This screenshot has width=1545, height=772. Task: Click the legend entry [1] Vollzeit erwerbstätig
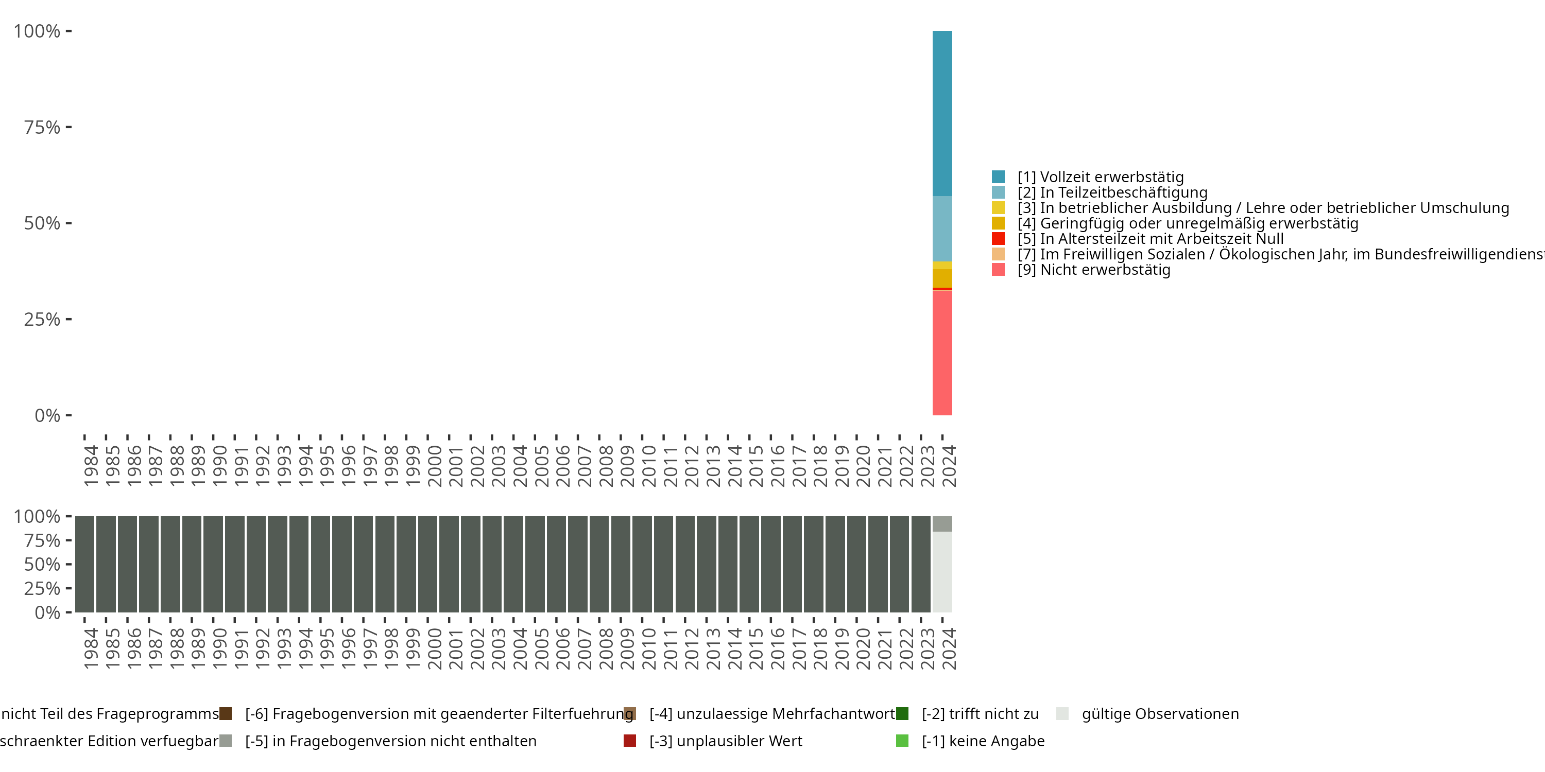coord(1100,177)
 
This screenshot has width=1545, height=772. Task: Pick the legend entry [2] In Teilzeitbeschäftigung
coord(1112,192)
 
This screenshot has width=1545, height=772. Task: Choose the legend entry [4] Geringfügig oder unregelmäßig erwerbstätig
coord(1188,223)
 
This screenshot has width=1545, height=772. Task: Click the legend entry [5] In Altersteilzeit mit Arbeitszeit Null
coord(1151,239)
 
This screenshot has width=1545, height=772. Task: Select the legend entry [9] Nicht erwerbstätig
coord(1093,270)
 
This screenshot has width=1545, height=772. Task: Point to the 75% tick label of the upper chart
coord(42,127)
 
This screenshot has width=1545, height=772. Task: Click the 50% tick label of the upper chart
coord(42,223)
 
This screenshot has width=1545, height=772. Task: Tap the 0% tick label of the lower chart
coord(47,612)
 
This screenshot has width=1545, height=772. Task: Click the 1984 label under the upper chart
coord(91,466)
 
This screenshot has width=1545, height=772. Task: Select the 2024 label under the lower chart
coord(949,649)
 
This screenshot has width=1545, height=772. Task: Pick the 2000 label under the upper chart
coord(434,466)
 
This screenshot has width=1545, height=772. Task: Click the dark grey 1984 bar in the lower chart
coord(84,564)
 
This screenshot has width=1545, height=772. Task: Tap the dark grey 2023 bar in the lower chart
coord(921,564)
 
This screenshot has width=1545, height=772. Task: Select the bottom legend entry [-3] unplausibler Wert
coord(725,741)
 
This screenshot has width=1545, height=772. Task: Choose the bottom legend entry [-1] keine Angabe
coord(983,741)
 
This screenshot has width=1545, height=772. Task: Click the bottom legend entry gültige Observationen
coord(1159,714)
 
